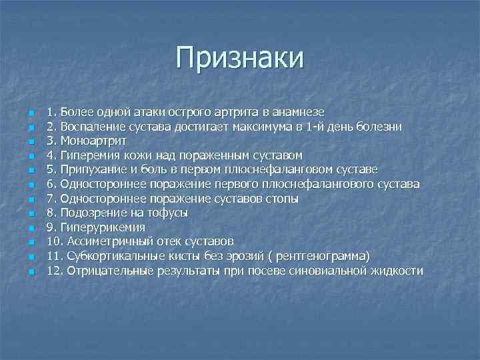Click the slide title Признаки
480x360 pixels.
pos(240,58)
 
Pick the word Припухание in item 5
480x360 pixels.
pos(93,169)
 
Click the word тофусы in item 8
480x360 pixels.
pos(169,213)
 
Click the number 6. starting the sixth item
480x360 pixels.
pos(51,184)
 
